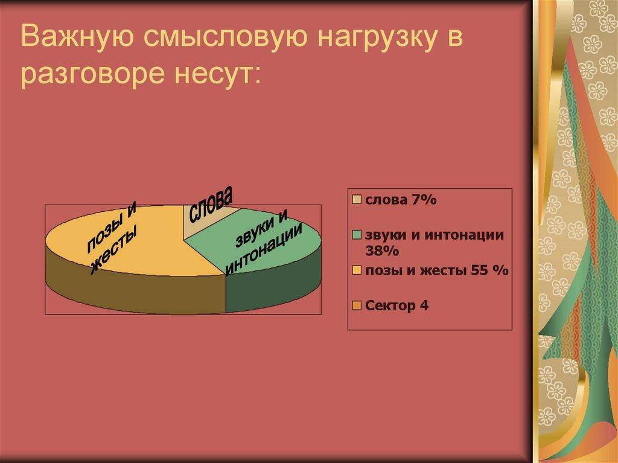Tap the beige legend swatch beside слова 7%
[357, 200]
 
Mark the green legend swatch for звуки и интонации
[357, 235]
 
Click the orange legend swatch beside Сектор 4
[357, 306]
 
